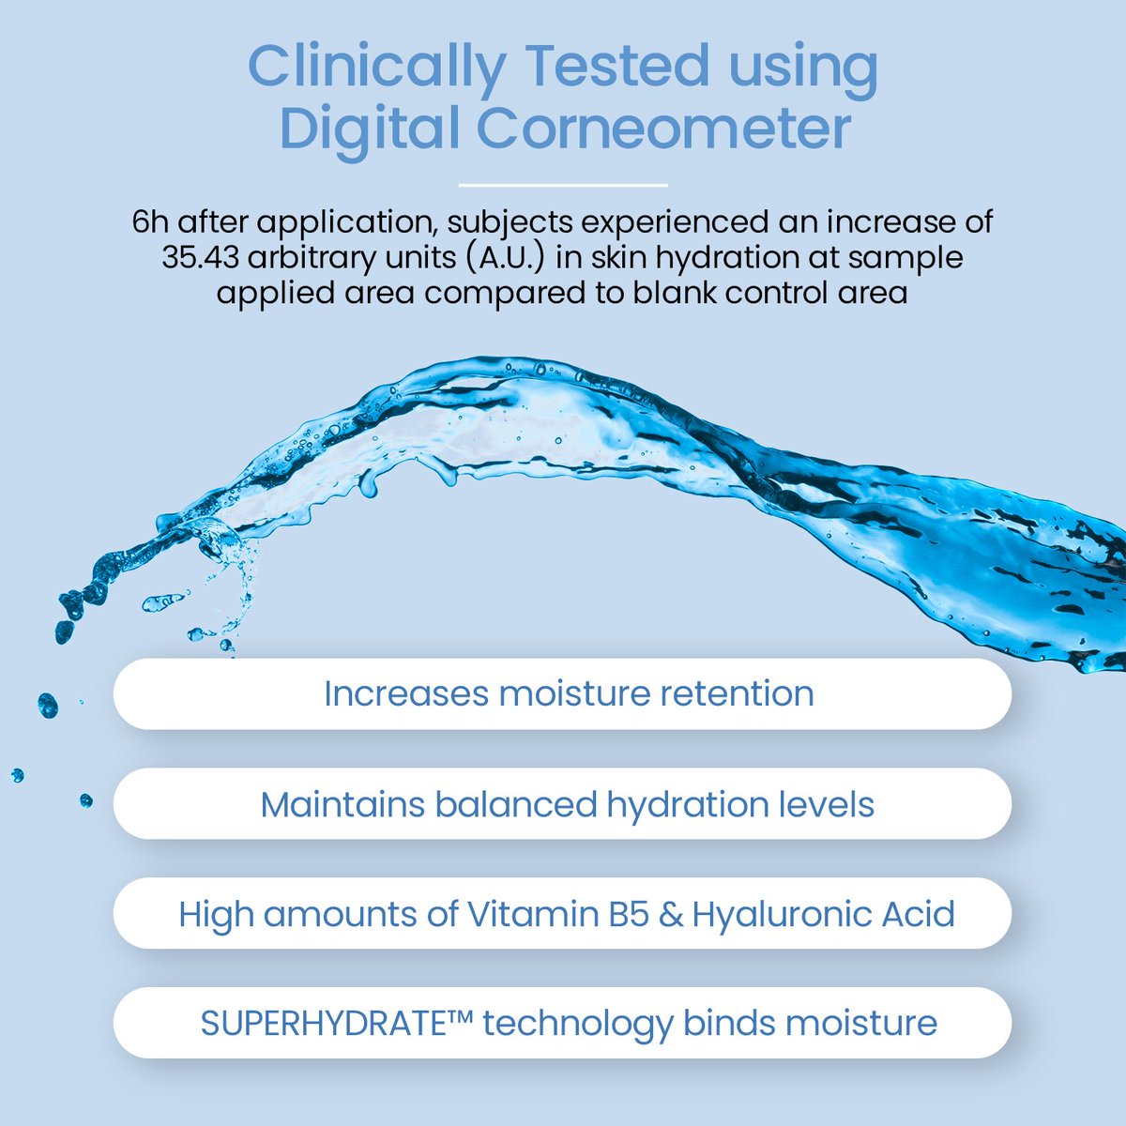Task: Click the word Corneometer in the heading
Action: (x=663, y=129)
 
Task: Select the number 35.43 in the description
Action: (x=200, y=257)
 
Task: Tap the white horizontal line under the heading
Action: (x=563, y=185)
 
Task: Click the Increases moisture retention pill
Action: (x=563, y=694)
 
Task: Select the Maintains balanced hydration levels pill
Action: (x=563, y=804)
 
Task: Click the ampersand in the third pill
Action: (x=671, y=914)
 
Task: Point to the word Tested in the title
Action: (x=616, y=68)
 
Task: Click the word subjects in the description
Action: (x=516, y=223)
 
